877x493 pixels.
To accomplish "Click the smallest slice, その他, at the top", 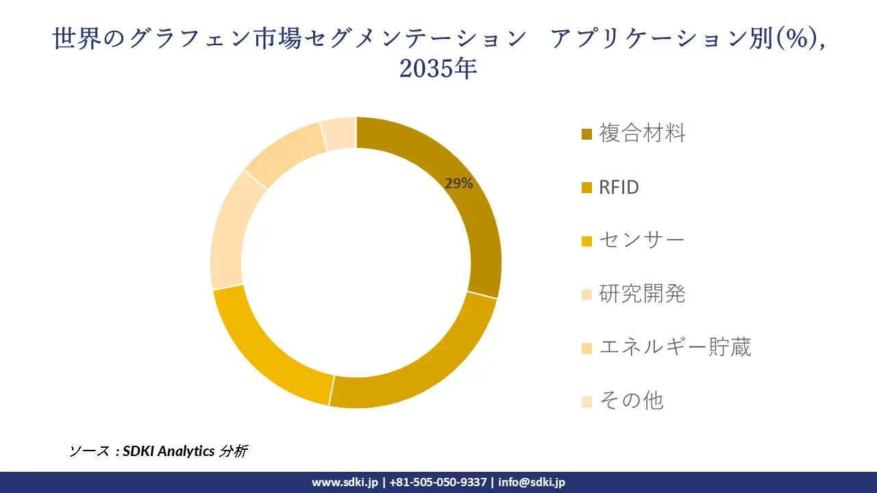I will coord(339,133).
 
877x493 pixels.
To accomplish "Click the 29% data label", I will coord(458,183).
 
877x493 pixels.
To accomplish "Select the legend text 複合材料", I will coord(642,133).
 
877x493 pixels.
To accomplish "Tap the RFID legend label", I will coord(619,187).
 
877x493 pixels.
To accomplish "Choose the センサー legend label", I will coord(642,240).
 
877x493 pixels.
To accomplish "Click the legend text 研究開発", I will coord(642,294).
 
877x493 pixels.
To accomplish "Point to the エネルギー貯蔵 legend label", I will coord(675,347).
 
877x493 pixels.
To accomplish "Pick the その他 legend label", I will coord(631,401).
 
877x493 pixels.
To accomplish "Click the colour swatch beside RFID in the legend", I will coord(587,188).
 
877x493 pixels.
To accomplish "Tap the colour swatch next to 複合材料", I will coord(587,134).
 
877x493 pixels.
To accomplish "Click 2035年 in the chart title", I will coord(438,69).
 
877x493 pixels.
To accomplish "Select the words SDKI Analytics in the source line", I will coord(169,451).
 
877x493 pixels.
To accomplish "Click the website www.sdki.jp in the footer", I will coord(345,482).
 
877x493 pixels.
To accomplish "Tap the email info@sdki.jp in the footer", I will coord(532,482).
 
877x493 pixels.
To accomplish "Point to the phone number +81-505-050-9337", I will coord(438,482).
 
